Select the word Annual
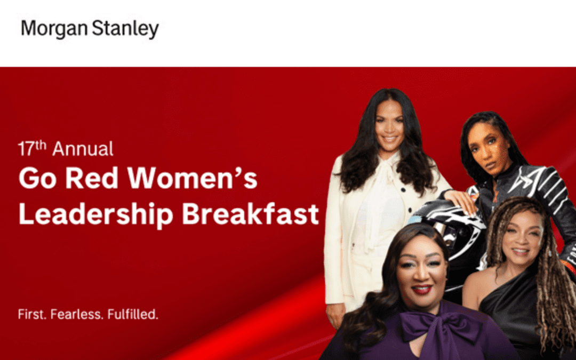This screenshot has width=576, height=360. coord(83,149)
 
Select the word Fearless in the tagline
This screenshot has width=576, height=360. coord(77,314)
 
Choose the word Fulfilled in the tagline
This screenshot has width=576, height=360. coord(133,314)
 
